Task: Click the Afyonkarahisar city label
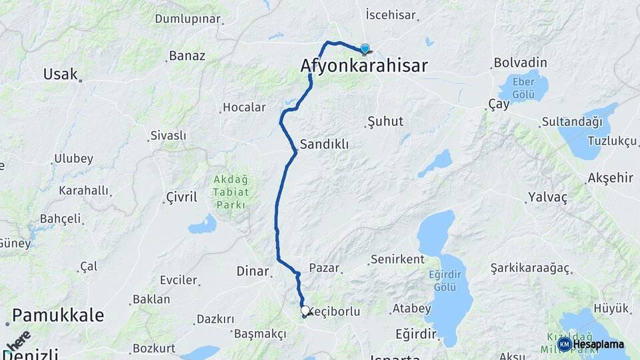click(x=363, y=65)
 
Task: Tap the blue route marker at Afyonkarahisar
click(x=365, y=48)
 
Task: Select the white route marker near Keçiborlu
click(x=305, y=311)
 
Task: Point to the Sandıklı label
click(x=324, y=144)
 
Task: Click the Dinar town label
click(x=252, y=271)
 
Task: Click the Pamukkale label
click(x=57, y=315)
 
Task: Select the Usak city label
click(x=61, y=74)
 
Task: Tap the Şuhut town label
click(x=385, y=122)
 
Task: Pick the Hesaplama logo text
click(x=598, y=344)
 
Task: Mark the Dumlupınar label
click(x=187, y=19)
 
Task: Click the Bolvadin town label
click(x=520, y=63)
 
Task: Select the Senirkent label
click(x=397, y=259)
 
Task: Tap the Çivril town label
click(x=180, y=197)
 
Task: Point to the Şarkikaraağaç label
click(x=530, y=268)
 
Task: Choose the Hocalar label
click(x=244, y=107)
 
